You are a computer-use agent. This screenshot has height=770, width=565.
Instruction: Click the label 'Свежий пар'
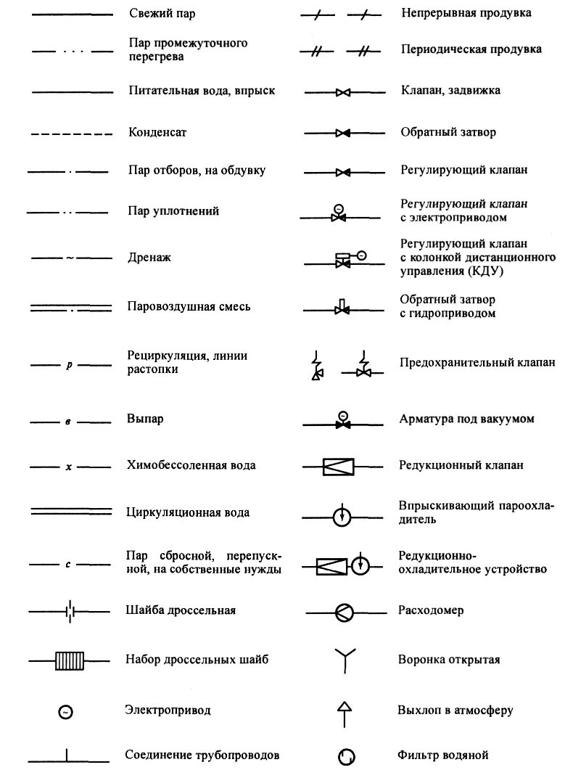coord(162,14)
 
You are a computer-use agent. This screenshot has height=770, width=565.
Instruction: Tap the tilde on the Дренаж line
coord(70,258)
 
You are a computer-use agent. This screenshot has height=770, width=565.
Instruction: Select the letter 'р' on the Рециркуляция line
coord(70,365)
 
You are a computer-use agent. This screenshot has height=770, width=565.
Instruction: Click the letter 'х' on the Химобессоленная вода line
coord(69,467)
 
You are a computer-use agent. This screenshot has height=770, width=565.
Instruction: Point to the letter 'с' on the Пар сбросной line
coord(67,564)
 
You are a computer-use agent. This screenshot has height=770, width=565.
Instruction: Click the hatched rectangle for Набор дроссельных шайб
coord(70,660)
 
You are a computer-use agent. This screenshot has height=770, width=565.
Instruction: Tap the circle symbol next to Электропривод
coord(65,713)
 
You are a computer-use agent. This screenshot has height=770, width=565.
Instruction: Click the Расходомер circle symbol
coord(343,612)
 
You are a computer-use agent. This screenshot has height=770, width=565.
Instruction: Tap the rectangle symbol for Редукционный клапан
coord(338,466)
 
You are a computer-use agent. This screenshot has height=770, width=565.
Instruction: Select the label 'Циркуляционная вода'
coord(189,512)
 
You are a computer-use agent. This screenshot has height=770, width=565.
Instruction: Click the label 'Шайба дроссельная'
coord(181,610)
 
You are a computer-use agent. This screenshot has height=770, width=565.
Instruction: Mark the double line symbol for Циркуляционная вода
coord(70,512)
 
